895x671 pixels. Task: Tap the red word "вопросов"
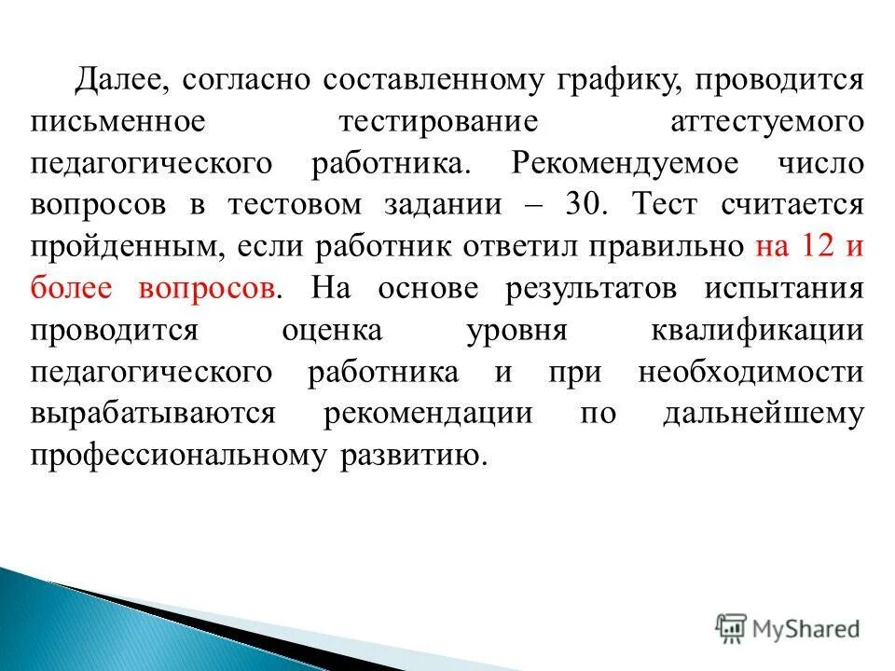207,288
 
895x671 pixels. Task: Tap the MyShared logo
788,629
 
